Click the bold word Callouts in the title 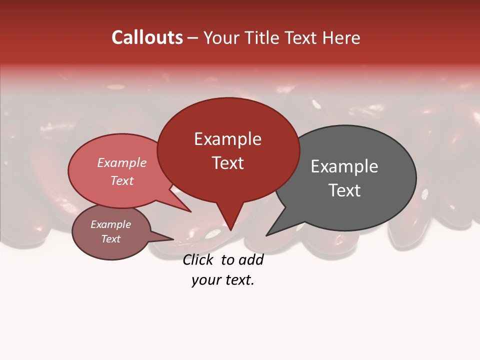coord(147,37)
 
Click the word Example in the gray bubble coord(344,166)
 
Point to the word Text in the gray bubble coord(344,190)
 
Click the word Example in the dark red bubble coord(227,139)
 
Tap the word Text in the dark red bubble coord(227,163)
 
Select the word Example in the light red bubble coord(121,162)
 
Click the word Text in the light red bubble coord(121,180)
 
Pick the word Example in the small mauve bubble coord(110,224)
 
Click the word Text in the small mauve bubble coord(110,239)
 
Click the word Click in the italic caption coord(199,259)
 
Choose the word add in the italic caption coord(251,259)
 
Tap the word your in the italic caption coord(205,280)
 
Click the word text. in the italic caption coord(238,280)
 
